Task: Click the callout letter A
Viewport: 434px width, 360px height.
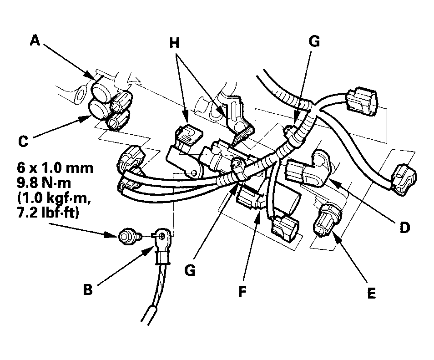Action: (35, 41)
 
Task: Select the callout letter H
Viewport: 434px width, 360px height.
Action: (175, 43)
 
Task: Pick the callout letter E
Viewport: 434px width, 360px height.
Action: (372, 294)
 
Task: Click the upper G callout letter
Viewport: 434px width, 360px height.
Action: (313, 41)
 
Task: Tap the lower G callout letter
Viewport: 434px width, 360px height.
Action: (190, 270)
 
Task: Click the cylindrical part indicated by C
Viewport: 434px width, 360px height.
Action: (98, 109)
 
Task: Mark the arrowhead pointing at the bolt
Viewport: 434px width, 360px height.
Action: (114, 235)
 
